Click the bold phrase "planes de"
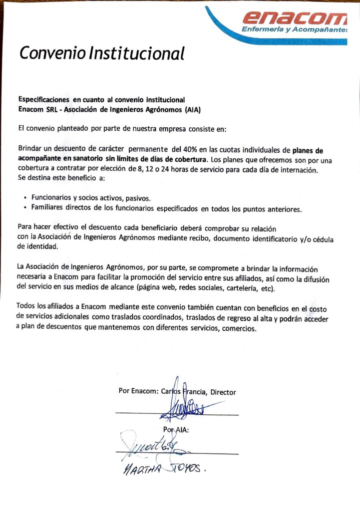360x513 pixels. [307, 149]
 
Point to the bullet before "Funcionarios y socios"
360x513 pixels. [25, 198]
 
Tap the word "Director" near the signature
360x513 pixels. [223, 392]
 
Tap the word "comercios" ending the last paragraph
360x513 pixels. [238, 329]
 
